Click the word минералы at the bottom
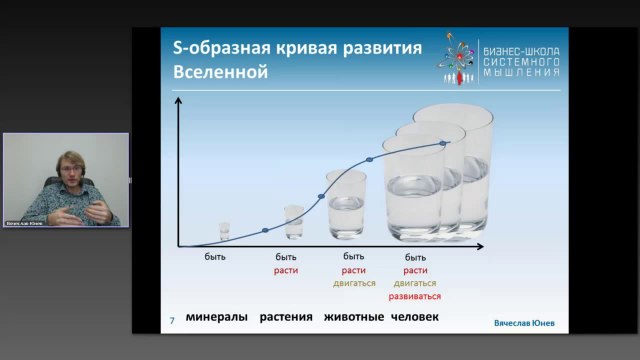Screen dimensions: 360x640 click(x=217, y=318)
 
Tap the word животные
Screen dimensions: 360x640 click(x=353, y=318)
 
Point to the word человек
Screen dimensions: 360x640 click(x=416, y=318)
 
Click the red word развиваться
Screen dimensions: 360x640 click(x=416, y=296)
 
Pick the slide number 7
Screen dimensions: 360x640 click(x=171, y=321)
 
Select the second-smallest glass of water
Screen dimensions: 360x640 click(x=293, y=222)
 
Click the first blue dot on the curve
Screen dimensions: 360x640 click(x=265, y=231)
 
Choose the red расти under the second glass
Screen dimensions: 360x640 click(x=286, y=270)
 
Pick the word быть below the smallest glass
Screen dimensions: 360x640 click(x=216, y=257)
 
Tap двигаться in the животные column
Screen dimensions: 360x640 click(x=354, y=283)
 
